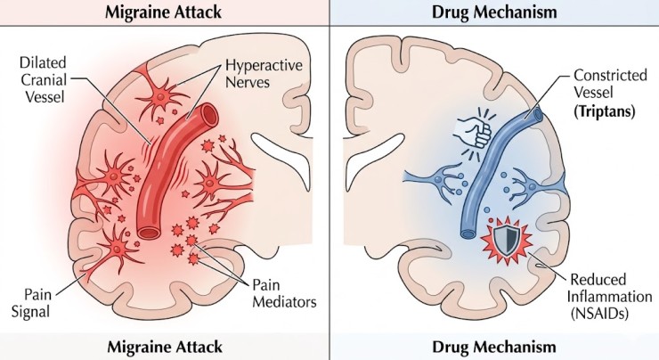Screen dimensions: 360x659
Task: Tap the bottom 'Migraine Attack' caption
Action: pyautogui.click(x=166, y=346)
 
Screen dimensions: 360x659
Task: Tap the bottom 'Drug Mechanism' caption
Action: pyautogui.click(x=495, y=346)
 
